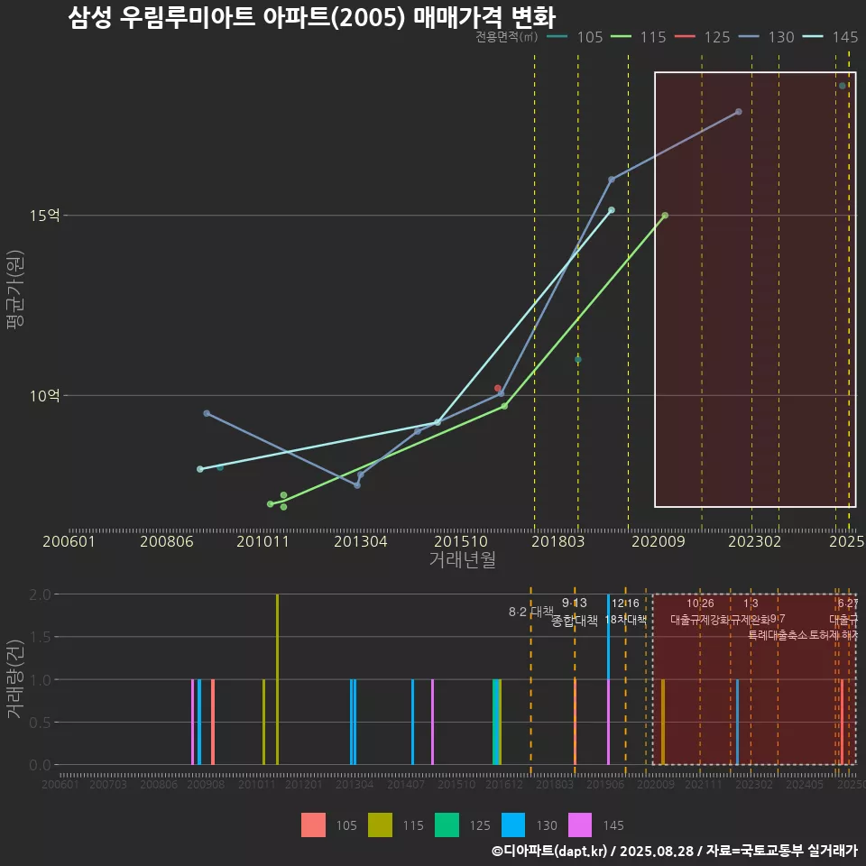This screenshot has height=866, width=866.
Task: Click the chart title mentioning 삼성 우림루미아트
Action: pyautogui.click(x=311, y=18)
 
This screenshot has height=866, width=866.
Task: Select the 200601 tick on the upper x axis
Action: pyautogui.click(x=69, y=541)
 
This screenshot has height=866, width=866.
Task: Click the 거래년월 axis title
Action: pyautogui.click(x=462, y=560)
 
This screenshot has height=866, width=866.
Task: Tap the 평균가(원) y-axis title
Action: pyautogui.click(x=15, y=293)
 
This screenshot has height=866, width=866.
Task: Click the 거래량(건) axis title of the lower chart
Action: pyautogui.click(x=15, y=679)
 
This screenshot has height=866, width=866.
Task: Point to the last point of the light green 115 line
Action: pyautogui.click(x=665, y=216)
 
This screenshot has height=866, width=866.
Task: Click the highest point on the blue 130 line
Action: pyautogui.click(x=739, y=112)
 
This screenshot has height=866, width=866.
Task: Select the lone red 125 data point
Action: pyautogui.click(x=497, y=388)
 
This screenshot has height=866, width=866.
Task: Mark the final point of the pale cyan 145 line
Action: pyautogui.click(x=612, y=210)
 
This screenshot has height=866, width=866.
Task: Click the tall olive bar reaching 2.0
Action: pyautogui.click(x=277, y=679)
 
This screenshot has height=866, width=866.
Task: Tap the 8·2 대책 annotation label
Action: pyautogui.click(x=530, y=612)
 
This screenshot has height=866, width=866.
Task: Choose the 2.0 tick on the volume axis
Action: pyautogui.click(x=40, y=594)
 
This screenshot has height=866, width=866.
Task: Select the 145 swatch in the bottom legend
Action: pyautogui.click(x=580, y=825)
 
